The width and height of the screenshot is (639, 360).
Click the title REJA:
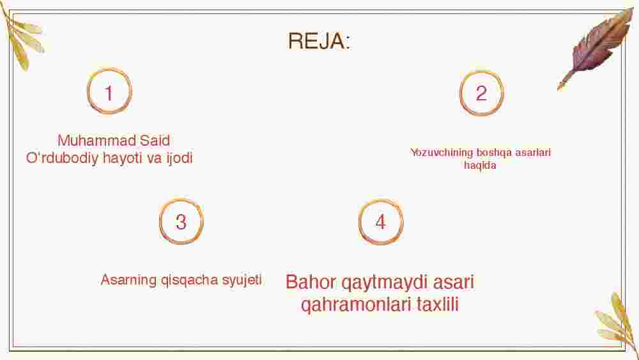(x=319, y=41)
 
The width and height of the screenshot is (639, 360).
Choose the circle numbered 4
(x=381, y=201)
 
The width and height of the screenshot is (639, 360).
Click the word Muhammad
(x=97, y=141)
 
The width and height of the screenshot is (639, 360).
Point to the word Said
(x=155, y=141)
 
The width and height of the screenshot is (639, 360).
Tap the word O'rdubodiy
(x=63, y=158)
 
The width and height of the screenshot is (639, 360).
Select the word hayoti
(x=123, y=158)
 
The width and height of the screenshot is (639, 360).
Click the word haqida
(x=480, y=166)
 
